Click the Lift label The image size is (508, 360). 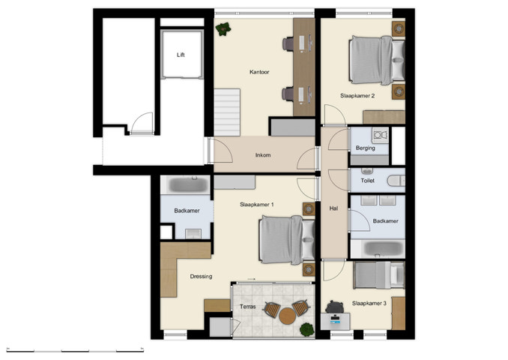pos(180,55)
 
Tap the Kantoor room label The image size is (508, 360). pos(259,73)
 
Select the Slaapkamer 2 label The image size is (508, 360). pos(357,96)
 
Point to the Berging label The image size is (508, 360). pos(366,148)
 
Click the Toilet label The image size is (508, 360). pos(367,181)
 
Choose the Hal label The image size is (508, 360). pos(333,208)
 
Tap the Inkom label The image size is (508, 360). pos(262,155)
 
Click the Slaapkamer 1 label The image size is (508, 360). pos(256,205)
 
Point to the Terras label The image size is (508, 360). pos(248,307)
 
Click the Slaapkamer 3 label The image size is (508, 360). pos(369,303)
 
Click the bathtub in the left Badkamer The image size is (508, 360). pos(186,184)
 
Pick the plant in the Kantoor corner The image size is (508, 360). pos(223,29)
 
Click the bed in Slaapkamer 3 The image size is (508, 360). pos(379,274)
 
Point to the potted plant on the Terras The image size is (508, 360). pos(306,328)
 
